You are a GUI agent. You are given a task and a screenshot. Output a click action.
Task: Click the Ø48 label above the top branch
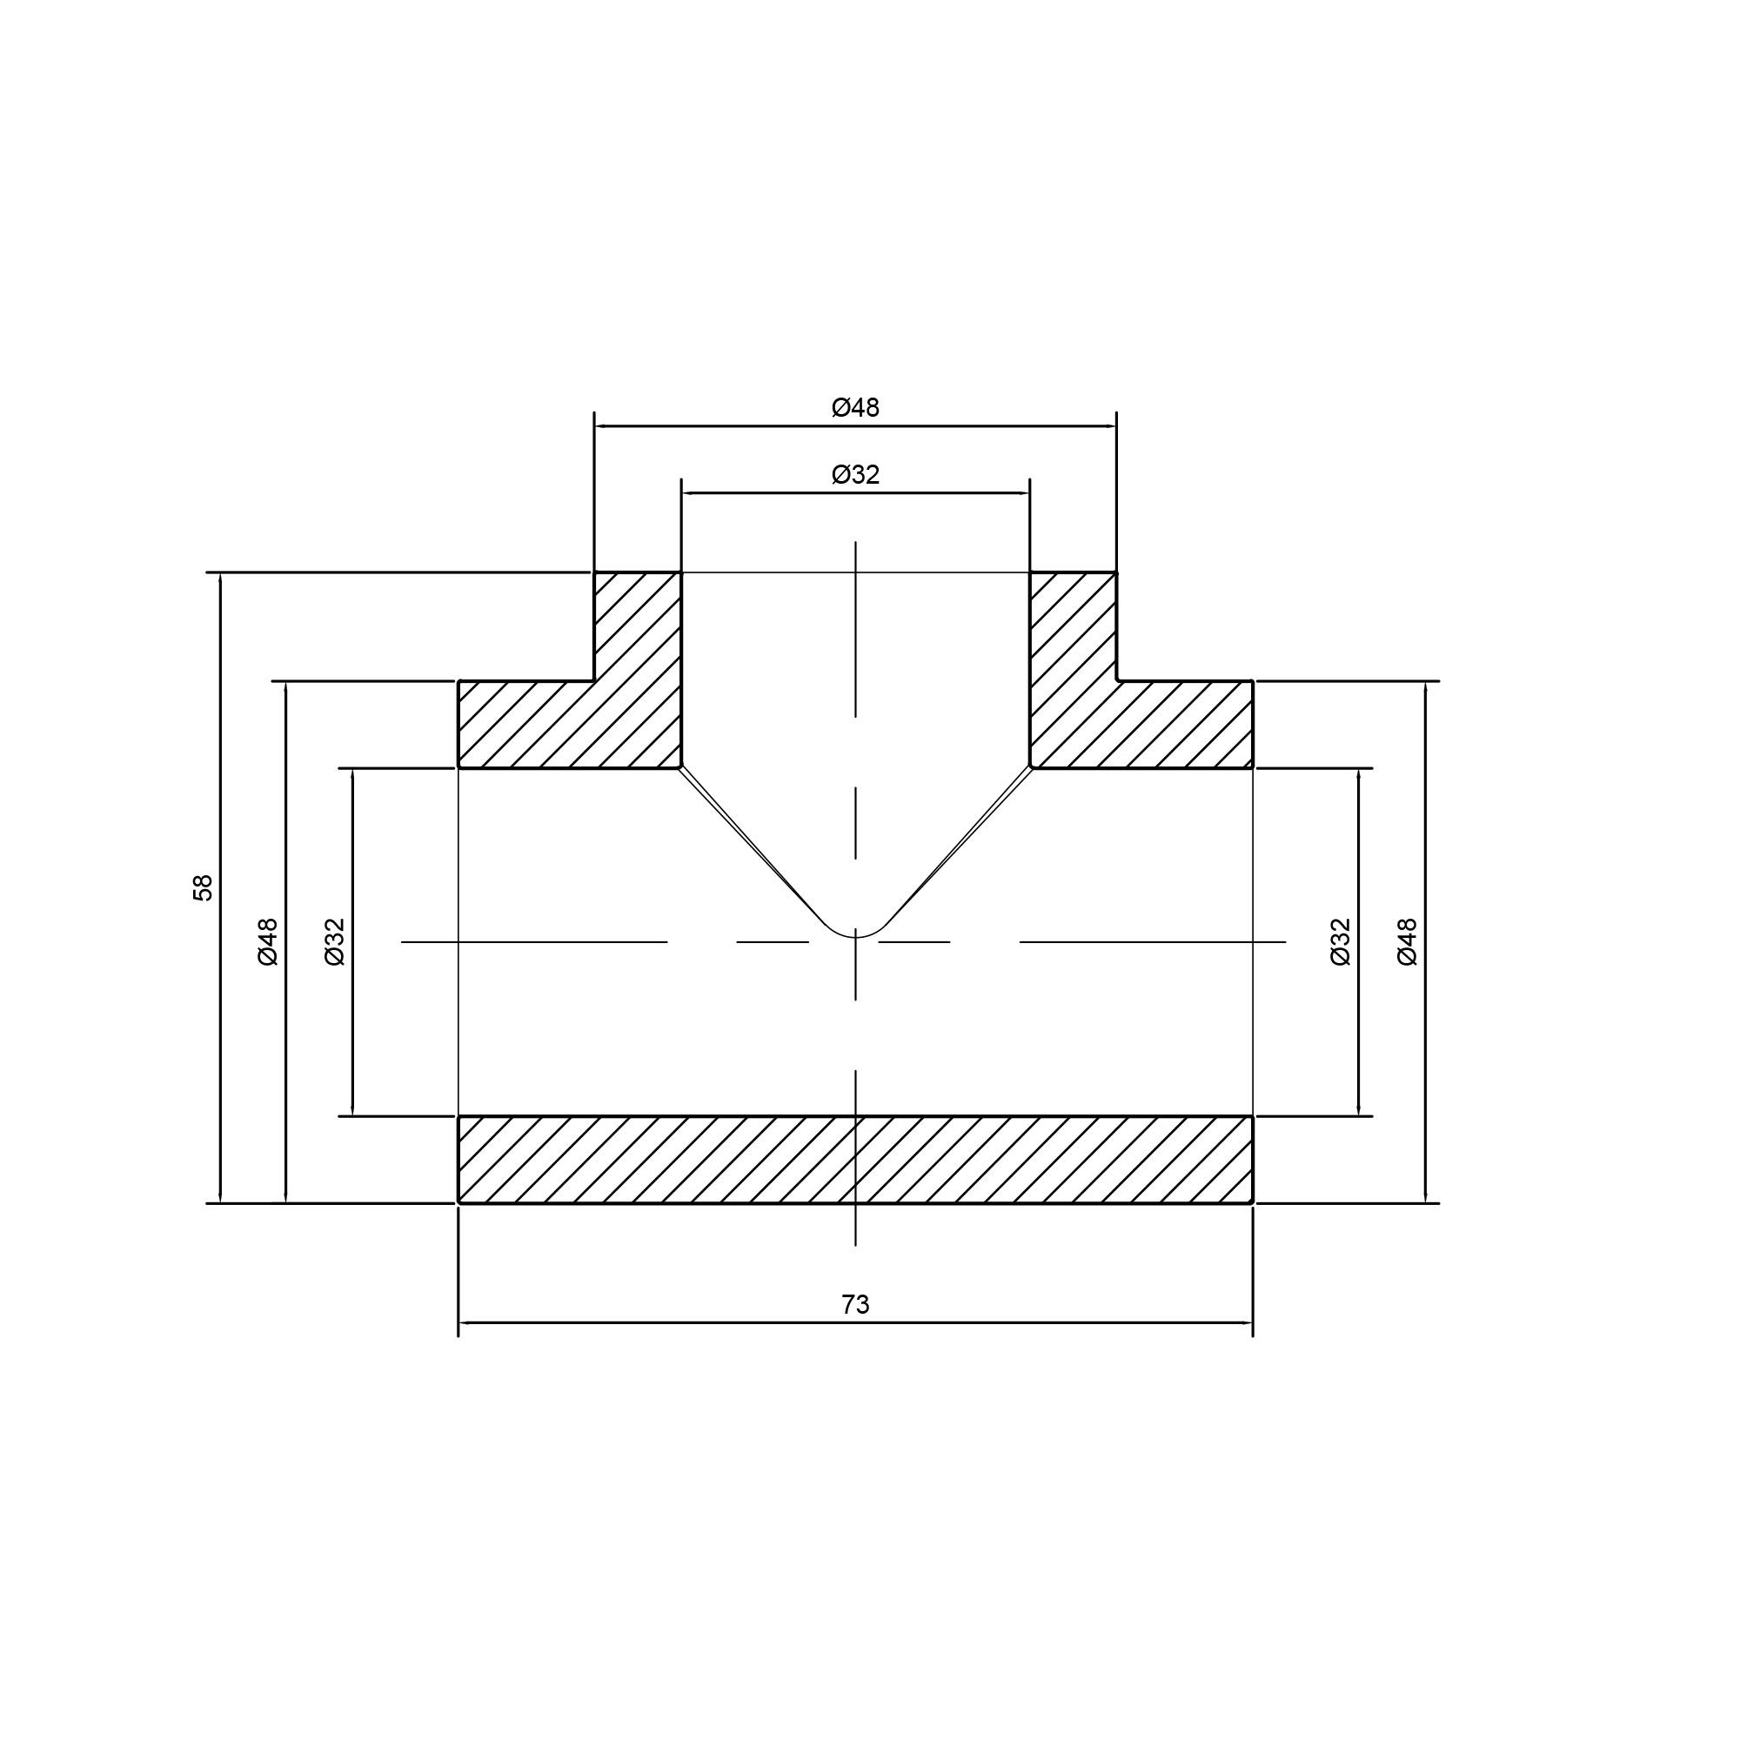[x=854, y=408]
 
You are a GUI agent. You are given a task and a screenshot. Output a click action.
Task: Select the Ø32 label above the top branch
[x=854, y=475]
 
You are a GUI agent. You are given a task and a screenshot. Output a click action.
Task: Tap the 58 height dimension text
[x=204, y=887]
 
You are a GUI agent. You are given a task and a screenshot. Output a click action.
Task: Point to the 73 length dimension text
[x=854, y=1304]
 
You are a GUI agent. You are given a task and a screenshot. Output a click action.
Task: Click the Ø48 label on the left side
[x=268, y=942]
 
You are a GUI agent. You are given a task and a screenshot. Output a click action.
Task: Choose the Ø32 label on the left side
[x=334, y=942]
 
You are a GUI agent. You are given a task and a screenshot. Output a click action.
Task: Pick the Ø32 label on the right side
[x=1341, y=942]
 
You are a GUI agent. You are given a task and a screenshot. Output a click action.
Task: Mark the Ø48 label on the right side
[x=1407, y=942]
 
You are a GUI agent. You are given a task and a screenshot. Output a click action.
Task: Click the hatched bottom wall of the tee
[x=854, y=1159]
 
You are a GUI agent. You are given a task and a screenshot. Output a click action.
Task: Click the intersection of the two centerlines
[x=854, y=942]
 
